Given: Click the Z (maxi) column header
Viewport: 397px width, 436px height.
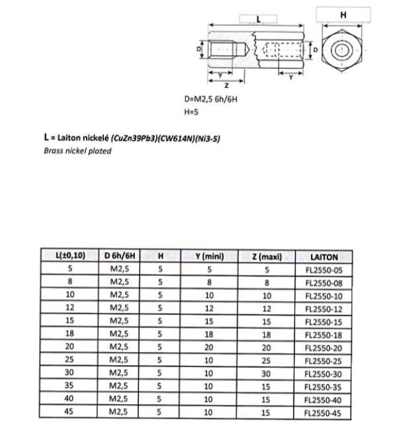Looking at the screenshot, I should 267,256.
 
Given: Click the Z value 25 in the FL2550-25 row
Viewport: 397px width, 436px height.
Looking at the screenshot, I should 267,360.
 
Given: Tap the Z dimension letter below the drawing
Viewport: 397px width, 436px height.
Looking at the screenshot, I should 226,84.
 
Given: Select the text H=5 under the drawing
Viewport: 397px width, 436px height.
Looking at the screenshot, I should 192,112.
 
